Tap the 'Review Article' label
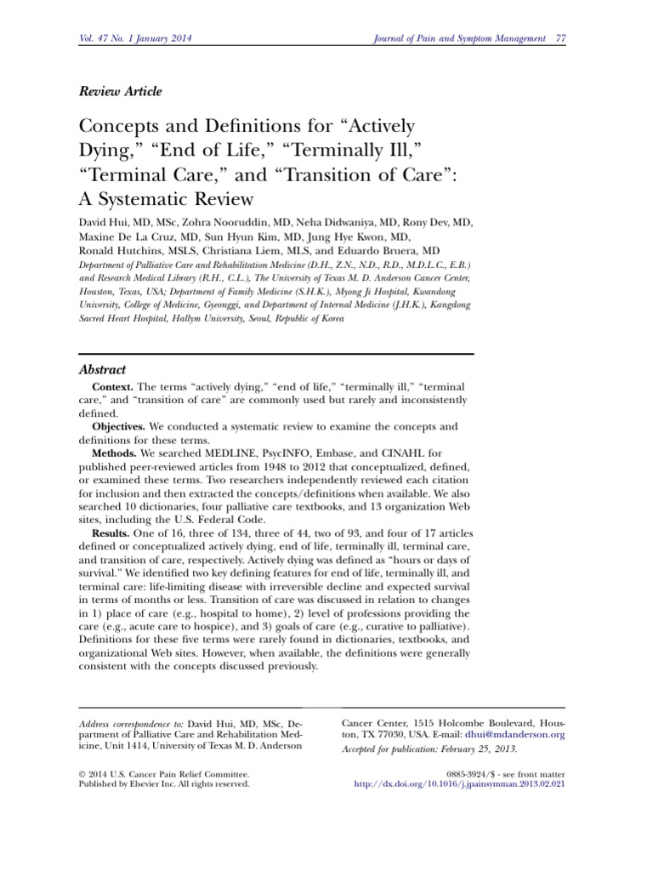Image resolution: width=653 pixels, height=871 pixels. [x=120, y=91]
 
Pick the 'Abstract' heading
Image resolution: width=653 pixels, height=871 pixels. [x=102, y=370]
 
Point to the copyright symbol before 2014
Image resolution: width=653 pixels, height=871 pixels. [x=82, y=774]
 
